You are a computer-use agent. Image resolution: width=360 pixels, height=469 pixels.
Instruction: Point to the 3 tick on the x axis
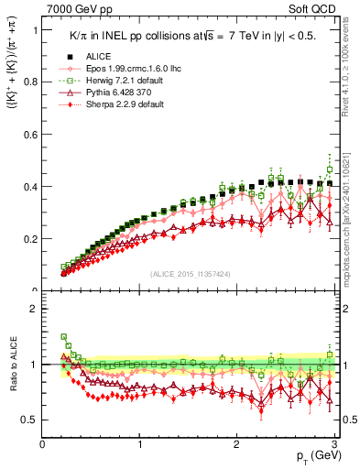[334, 444]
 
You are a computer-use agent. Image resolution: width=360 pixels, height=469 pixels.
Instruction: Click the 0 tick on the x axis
[43, 444]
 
